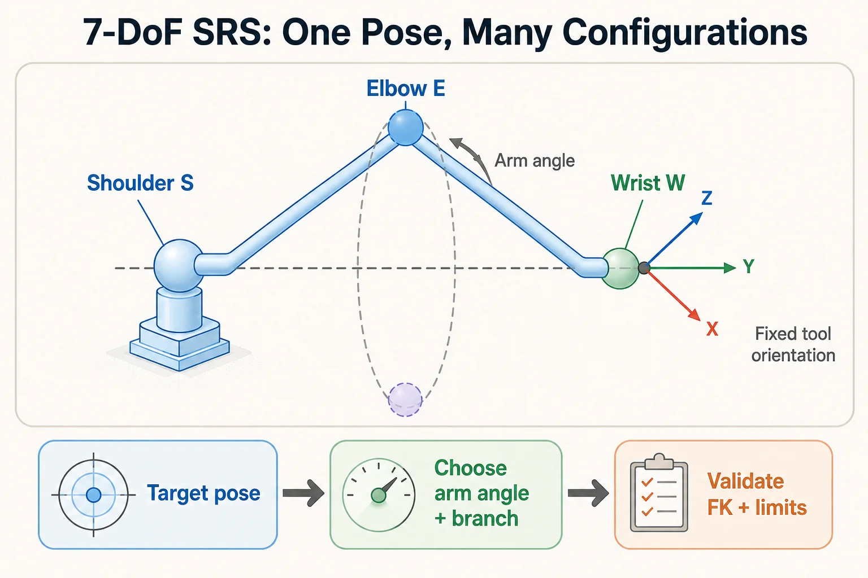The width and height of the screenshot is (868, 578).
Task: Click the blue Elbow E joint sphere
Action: (405, 128)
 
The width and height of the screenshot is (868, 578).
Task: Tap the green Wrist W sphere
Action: (620, 269)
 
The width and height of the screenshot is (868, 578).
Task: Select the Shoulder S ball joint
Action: (179, 266)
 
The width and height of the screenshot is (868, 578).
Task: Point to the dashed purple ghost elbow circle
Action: (405, 400)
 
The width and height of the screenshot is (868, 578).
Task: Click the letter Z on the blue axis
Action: (707, 198)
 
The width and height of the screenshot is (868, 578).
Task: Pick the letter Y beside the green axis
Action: (749, 266)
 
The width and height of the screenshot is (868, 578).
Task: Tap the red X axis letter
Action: (712, 329)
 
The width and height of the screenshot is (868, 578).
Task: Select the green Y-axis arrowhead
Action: (730, 268)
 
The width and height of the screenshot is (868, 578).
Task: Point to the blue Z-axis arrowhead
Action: (697, 218)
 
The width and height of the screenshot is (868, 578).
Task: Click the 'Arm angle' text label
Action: (535, 161)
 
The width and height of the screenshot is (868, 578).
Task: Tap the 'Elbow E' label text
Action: (406, 89)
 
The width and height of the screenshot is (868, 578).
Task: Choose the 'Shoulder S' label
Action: (140, 183)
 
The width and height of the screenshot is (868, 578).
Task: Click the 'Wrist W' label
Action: (648, 183)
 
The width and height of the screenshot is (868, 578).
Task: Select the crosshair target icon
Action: (93, 495)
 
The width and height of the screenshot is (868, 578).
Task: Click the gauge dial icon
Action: (379, 495)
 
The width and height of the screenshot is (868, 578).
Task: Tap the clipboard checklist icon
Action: (659, 492)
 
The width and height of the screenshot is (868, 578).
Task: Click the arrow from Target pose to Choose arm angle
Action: (303, 493)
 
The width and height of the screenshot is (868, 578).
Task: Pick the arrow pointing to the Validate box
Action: (588, 493)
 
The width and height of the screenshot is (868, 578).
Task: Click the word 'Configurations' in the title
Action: (685, 33)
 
